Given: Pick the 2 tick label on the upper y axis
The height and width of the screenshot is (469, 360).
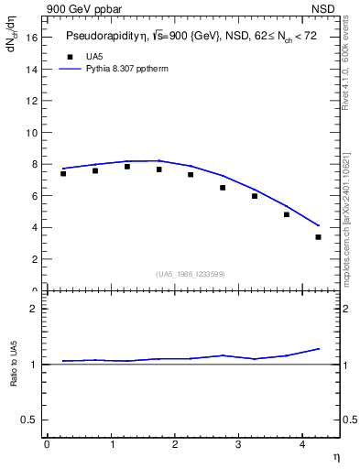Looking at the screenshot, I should click(34, 259).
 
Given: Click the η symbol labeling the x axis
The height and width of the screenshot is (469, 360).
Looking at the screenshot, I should click(335, 456).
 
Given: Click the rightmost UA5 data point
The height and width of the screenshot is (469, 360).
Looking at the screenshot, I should click(318, 237).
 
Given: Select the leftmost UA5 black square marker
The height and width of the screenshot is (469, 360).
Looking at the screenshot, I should click(63, 173).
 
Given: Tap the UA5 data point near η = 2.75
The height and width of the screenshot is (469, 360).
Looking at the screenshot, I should click(223, 188).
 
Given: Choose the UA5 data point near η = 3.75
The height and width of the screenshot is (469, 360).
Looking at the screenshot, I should click(287, 214).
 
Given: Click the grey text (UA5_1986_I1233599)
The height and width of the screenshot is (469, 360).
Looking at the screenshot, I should click(191, 274).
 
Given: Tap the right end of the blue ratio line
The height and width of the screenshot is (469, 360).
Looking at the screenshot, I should click(319, 348).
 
